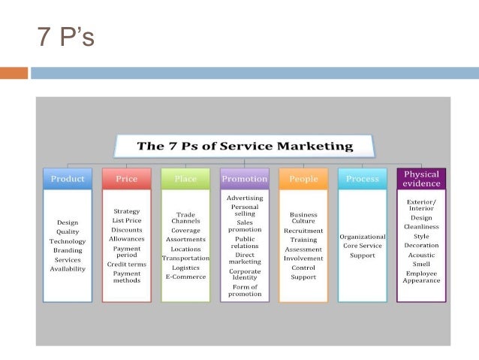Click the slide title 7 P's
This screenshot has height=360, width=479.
[x=65, y=36]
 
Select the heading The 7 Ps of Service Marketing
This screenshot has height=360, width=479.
[x=244, y=145]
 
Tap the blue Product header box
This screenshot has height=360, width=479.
[x=68, y=179]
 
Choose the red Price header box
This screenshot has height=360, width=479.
[x=126, y=179]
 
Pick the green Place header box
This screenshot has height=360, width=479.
[x=185, y=179]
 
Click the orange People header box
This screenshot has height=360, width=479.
[x=303, y=179]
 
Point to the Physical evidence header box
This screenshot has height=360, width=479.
[x=421, y=178]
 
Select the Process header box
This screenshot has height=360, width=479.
[x=362, y=179]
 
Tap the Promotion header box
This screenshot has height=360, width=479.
[x=244, y=179]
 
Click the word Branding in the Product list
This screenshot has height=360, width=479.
[x=68, y=250]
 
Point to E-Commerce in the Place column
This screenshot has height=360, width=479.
[x=185, y=277]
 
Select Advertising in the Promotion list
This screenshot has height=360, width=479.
[x=245, y=198]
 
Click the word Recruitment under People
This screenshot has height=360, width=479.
[x=303, y=231]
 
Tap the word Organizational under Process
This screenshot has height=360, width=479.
[x=363, y=237]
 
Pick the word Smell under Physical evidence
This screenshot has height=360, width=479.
[x=421, y=263]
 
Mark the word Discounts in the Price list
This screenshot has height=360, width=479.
[x=126, y=229]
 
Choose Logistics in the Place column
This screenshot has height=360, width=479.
[x=185, y=267]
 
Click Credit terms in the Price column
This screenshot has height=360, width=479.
[x=126, y=265]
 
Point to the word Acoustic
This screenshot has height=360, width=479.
[x=421, y=254]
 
